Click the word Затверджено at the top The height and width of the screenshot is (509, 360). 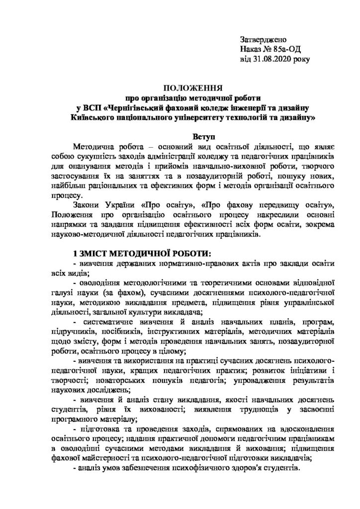pos(263,39)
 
